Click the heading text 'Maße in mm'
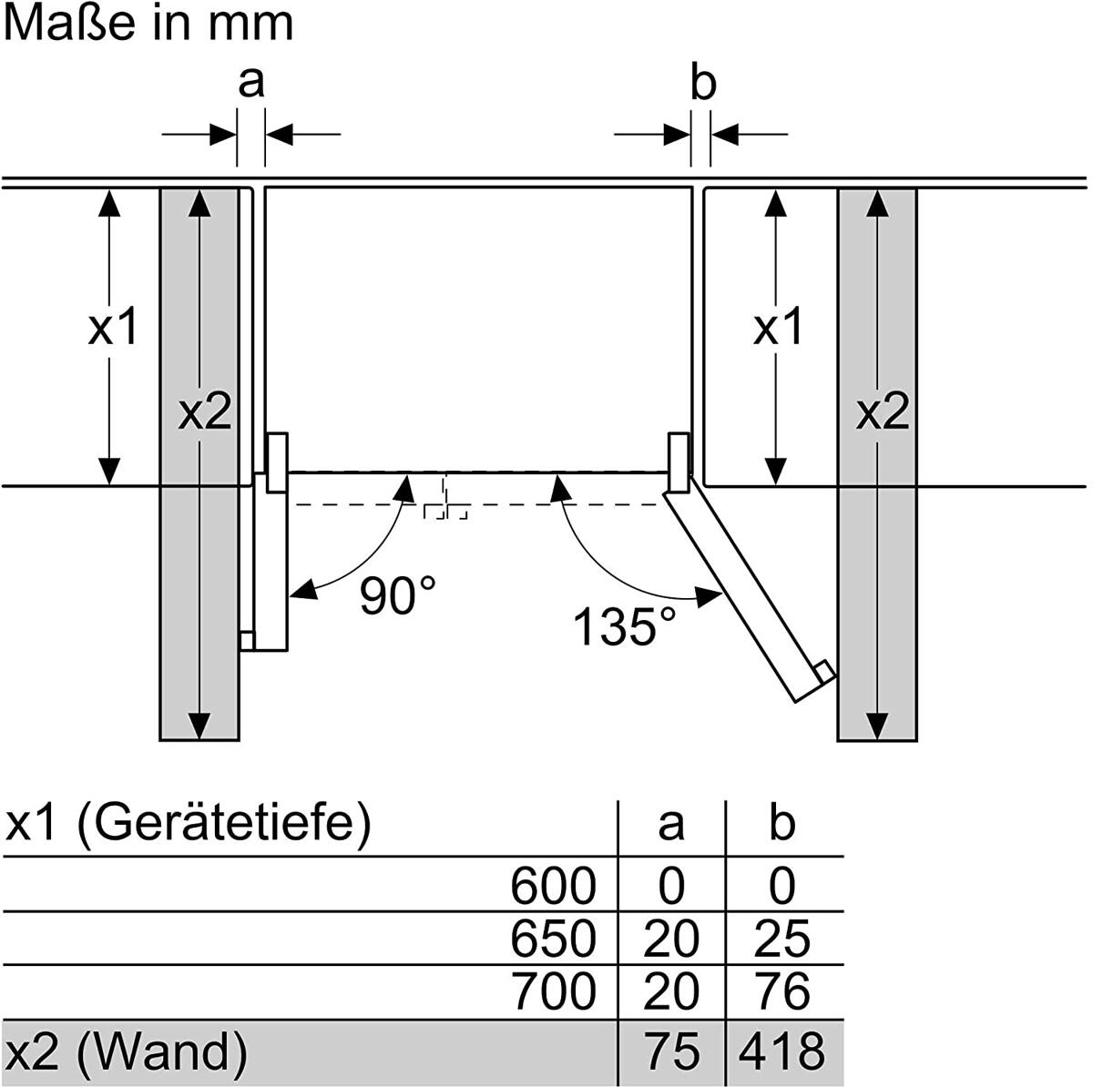coord(148,24)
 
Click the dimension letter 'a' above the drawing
coord(251,83)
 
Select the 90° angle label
coord(398,595)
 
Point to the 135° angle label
coord(625,626)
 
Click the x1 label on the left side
coord(113,327)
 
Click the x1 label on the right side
coord(778,327)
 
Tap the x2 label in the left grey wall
coord(205,411)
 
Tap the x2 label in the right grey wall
coord(883,411)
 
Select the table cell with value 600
coord(553,885)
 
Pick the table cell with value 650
coord(553,939)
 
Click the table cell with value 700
coord(554,991)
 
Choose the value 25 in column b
coord(781,939)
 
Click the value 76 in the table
coord(781,991)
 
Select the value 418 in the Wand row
coord(781,1051)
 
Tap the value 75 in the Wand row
coord(672,1051)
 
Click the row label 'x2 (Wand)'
coord(126,1051)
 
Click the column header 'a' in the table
coord(671,825)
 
